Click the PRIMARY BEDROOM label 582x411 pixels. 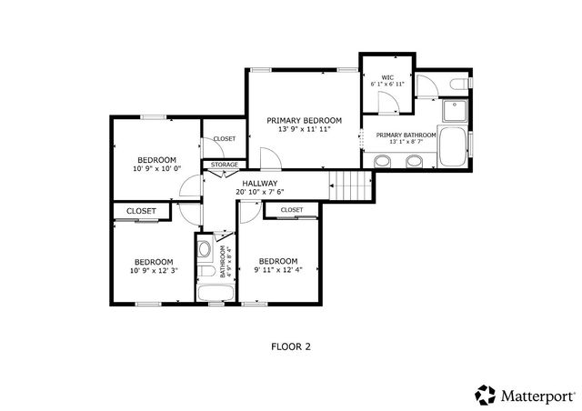click(x=304, y=120)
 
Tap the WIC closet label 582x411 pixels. click(x=386, y=76)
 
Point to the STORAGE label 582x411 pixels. click(x=225, y=165)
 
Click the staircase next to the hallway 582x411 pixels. click(x=351, y=186)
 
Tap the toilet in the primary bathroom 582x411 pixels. click(x=460, y=85)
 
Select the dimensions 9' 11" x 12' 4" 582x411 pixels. click(x=277, y=270)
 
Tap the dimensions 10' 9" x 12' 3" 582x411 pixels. click(x=153, y=270)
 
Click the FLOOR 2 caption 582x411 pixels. click(x=291, y=346)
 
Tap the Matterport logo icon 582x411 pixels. click(x=485, y=395)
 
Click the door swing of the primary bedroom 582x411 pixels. click(x=270, y=158)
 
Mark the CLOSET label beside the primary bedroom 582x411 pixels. click(x=224, y=139)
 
